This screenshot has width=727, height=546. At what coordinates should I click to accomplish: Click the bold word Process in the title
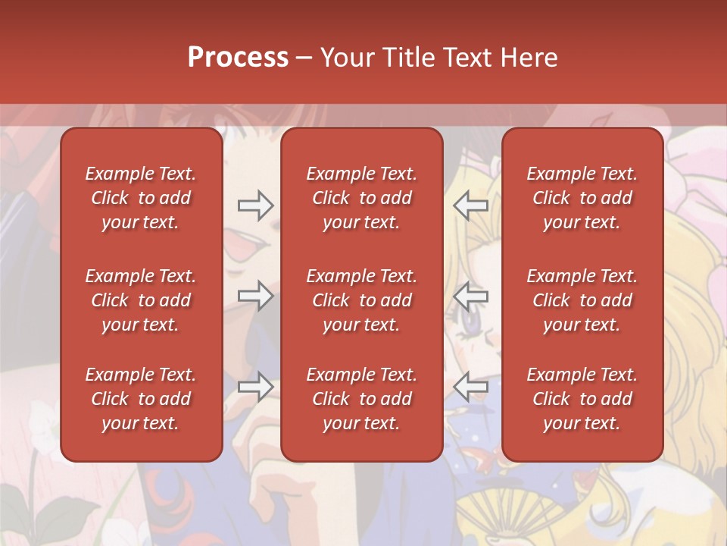[238, 58]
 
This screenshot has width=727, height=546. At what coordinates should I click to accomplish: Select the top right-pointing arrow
[255, 205]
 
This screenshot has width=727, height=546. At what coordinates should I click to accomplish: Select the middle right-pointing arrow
[255, 296]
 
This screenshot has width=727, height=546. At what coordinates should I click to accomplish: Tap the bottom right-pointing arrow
[255, 387]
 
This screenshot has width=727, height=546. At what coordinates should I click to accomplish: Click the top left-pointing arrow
[470, 205]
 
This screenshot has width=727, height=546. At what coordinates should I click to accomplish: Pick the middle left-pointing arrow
[470, 296]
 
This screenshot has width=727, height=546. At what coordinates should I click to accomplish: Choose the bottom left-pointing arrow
[470, 387]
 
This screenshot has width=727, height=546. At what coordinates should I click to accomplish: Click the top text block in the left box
[141, 198]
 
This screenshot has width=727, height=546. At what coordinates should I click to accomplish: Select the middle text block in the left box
[141, 300]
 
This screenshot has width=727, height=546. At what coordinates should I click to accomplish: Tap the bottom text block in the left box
[141, 399]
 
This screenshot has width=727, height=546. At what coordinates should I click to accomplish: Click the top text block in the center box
[361, 198]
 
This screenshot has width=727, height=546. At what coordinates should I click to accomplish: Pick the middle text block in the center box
[361, 300]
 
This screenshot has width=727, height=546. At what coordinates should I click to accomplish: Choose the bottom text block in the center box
[361, 399]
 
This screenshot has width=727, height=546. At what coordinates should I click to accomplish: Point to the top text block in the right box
[582, 198]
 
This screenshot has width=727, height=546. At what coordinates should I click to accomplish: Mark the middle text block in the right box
[582, 300]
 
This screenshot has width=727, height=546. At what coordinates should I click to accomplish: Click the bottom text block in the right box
[582, 399]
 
